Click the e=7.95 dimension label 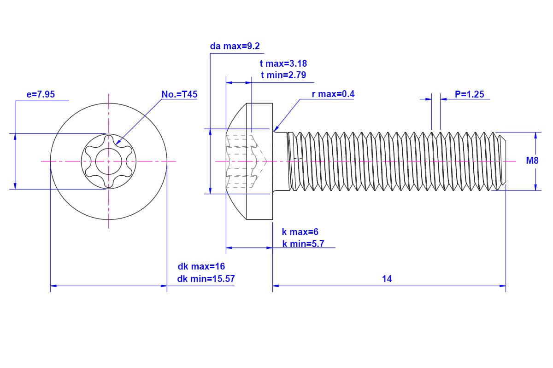[x=41, y=94]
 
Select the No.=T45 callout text [x=179, y=94]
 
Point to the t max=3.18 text [x=283, y=63]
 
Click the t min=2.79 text [x=283, y=75]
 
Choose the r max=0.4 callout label [x=333, y=94]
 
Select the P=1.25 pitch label [x=469, y=94]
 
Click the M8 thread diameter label [x=532, y=161]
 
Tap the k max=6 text [x=300, y=232]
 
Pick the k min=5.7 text [x=303, y=244]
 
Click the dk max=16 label [x=201, y=266]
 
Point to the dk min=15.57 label [x=206, y=279]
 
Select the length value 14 [x=387, y=279]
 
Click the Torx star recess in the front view [x=109, y=161]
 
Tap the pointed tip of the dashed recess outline [x=267, y=161]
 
